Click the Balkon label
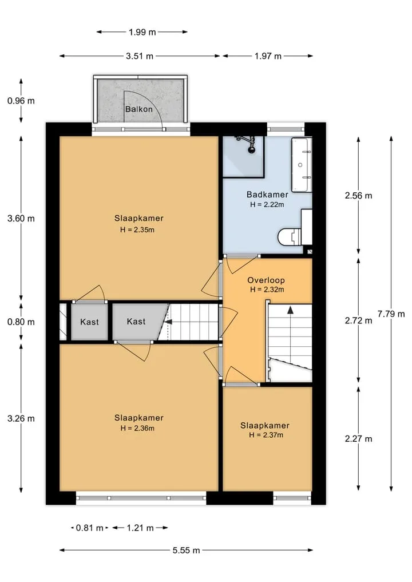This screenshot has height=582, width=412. (139, 109)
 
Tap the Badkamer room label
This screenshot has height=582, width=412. (267, 195)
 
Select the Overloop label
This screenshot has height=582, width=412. (266, 280)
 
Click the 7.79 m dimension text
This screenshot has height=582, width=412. (391, 314)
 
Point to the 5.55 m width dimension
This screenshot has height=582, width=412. (187, 550)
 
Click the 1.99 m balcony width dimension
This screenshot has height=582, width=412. (142, 32)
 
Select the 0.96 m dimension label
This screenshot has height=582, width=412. (21, 101)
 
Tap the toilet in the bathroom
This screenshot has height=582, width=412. (290, 236)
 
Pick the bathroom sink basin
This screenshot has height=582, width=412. (301, 165)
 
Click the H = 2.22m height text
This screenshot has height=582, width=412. (267, 204)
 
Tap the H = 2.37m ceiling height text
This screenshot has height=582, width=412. (266, 435)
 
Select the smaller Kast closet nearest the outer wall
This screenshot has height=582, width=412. (89, 322)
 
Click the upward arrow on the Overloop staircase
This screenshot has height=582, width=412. (290, 310)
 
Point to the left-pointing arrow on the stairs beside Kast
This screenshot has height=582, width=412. (168, 322)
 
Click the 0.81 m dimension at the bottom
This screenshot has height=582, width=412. (89, 528)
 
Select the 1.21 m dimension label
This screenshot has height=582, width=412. (140, 528)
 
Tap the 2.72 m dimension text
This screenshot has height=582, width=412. (359, 320)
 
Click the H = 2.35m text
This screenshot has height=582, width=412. (137, 229)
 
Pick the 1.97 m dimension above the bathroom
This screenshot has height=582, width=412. (268, 56)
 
